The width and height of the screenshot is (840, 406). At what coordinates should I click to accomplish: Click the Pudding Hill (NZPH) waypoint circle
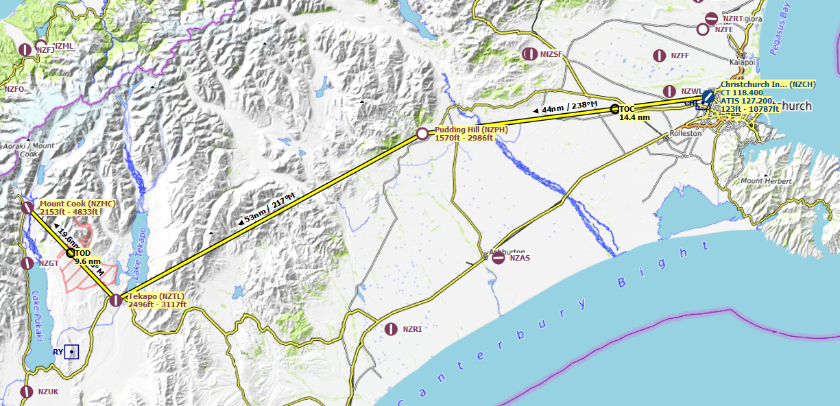(x=422, y=134)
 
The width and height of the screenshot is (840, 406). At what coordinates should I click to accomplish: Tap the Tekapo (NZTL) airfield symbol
(x=116, y=300)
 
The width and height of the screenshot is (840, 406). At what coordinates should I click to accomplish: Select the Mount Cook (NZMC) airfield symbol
(x=27, y=207)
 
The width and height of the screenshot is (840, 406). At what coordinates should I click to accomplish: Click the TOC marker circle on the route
(x=614, y=109)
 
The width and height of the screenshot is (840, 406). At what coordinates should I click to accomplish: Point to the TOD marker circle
(x=71, y=253)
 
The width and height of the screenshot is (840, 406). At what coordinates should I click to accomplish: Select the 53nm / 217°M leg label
(x=267, y=207)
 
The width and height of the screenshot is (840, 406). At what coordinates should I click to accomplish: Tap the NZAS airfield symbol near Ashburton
(x=499, y=258)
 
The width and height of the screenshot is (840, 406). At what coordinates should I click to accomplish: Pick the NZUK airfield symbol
(x=27, y=392)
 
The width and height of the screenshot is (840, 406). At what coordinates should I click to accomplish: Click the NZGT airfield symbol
(x=27, y=263)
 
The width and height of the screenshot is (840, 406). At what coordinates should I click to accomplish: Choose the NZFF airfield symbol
(x=660, y=56)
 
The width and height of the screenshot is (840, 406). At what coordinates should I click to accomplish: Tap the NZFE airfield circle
(x=703, y=29)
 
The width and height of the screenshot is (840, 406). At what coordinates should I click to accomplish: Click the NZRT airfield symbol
(x=712, y=19)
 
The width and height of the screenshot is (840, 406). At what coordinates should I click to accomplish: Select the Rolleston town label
(x=685, y=133)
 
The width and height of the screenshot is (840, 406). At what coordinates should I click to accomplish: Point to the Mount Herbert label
(x=766, y=181)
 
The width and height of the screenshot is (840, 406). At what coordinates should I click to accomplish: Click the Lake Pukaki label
(x=36, y=316)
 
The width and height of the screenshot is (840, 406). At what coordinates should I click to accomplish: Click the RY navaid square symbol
(x=71, y=352)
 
